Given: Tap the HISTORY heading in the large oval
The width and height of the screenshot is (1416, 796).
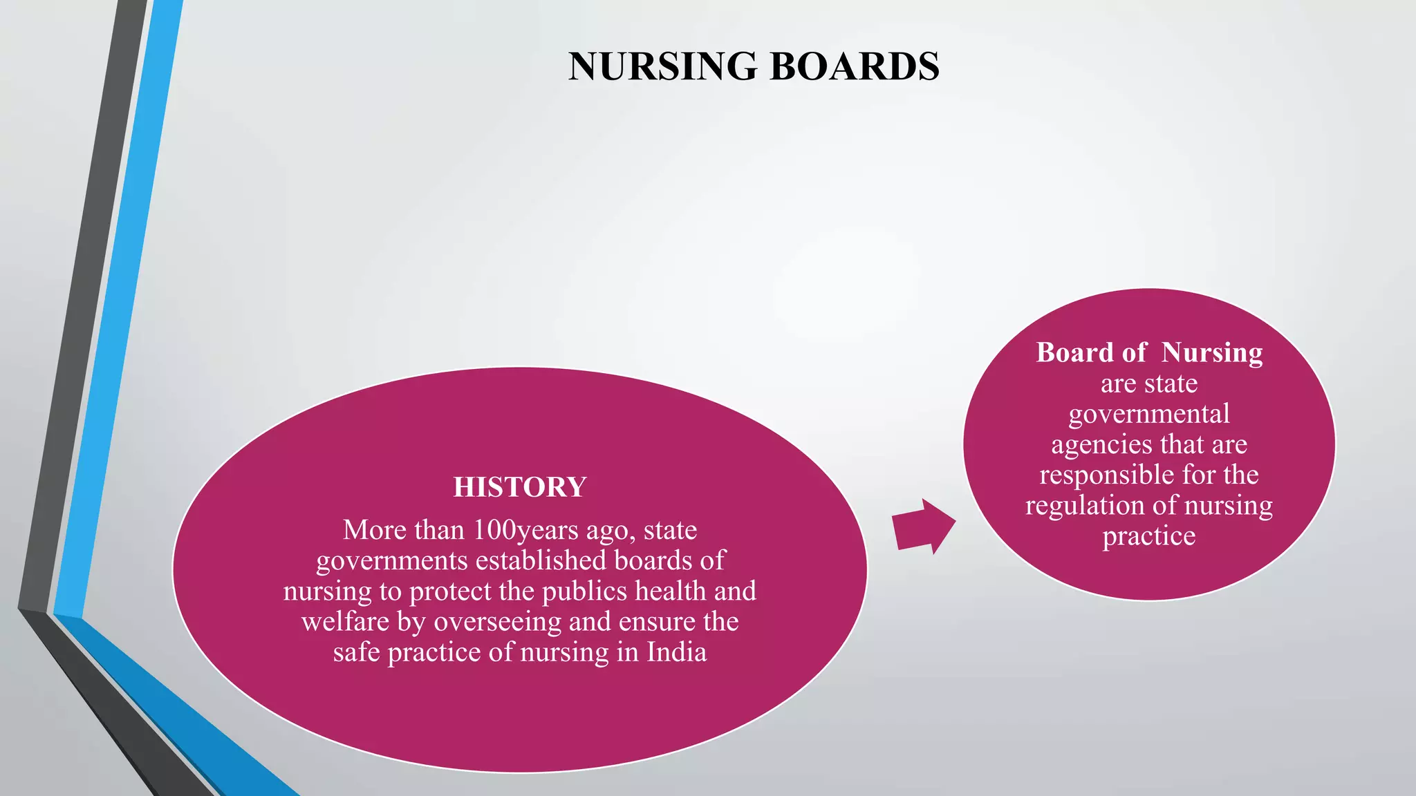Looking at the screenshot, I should pos(520,487).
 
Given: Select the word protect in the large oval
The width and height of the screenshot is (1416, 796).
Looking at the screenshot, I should pos(446,591).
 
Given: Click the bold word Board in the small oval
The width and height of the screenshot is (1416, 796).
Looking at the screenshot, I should pos(1075,353).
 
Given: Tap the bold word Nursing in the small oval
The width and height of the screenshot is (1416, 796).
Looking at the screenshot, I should pos(1211,353).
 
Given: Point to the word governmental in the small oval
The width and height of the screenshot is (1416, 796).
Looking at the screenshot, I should pos(1149,414).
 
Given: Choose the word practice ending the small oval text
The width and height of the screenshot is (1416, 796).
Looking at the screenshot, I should pos(1149,536).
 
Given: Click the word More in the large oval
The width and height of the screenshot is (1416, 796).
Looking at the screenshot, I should pos(373,531).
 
